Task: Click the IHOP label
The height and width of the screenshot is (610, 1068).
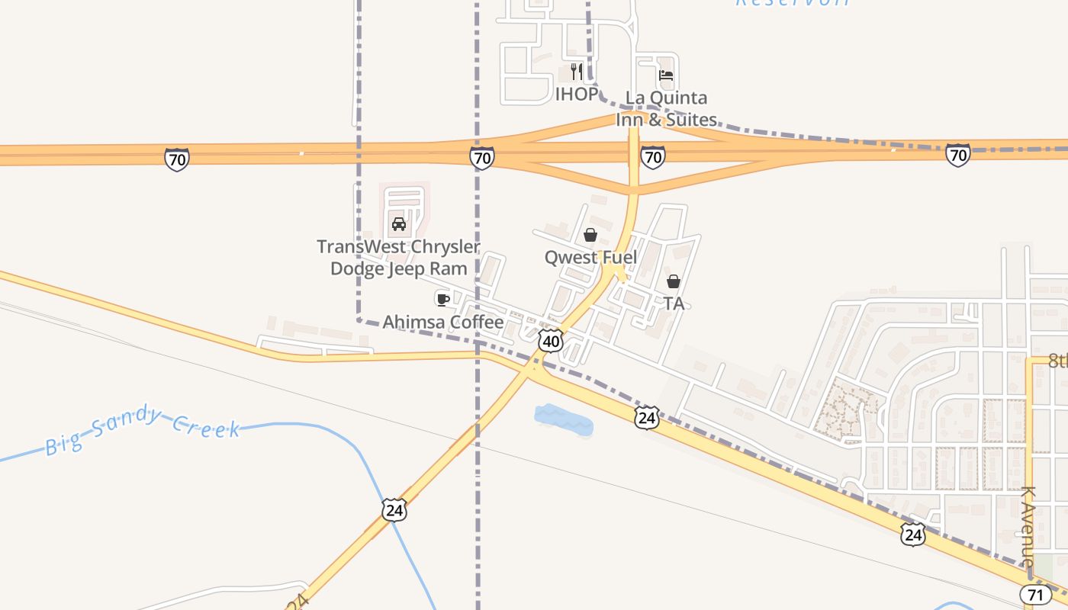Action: pyautogui.click(x=576, y=95)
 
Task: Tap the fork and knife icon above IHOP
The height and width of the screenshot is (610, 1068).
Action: pyautogui.click(x=576, y=72)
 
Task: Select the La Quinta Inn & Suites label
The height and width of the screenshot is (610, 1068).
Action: pyautogui.click(x=666, y=109)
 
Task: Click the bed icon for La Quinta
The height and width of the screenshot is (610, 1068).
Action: pyautogui.click(x=666, y=75)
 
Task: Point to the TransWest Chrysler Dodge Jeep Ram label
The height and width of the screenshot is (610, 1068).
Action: pyautogui.click(x=398, y=258)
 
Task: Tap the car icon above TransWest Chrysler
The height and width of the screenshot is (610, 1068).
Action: pyautogui.click(x=398, y=223)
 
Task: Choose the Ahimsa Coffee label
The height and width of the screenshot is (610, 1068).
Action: pyautogui.click(x=442, y=323)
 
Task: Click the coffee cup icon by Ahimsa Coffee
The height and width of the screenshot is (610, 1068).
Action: pyautogui.click(x=442, y=299)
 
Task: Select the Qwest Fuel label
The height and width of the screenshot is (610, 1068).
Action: pyautogui.click(x=590, y=257)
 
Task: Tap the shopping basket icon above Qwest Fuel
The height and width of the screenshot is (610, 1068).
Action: pyautogui.click(x=590, y=235)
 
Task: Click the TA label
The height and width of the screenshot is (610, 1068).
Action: pyautogui.click(x=673, y=303)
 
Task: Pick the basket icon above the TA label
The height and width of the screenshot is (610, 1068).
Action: pyautogui.click(x=673, y=281)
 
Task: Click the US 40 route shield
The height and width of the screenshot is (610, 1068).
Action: pyautogui.click(x=551, y=340)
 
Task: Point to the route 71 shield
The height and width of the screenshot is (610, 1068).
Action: pyautogui.click(x=1033, y=594)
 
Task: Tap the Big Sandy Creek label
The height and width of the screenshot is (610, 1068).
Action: pyautogui.click(x=143, y=431)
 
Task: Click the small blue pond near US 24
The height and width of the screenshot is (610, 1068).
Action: pyautogui.click(x=564, y=420)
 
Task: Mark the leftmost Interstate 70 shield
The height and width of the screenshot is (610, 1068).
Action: pyautogui.click(x=176, y=159)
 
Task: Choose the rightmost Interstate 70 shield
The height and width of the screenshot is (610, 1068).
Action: pyautogui.click(x=957, y=155)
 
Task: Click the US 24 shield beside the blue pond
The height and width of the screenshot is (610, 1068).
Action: pyautogui.click(x=646, y=417)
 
